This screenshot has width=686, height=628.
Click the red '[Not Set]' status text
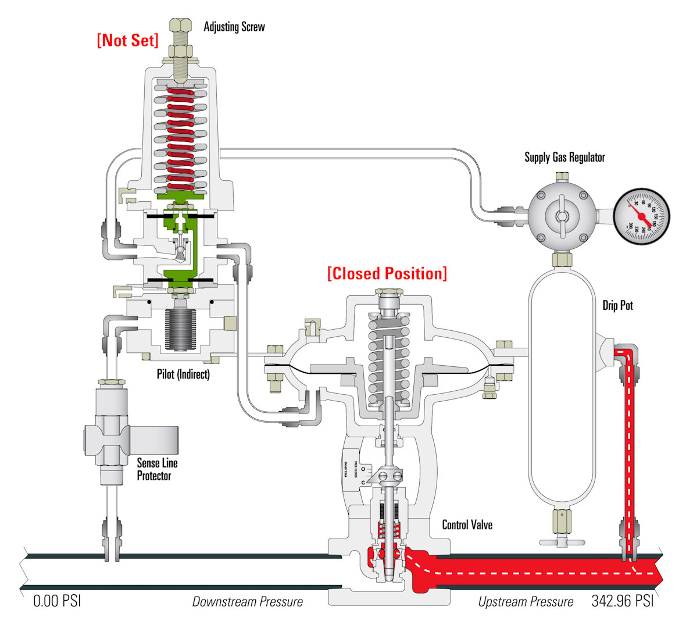click(127, 40)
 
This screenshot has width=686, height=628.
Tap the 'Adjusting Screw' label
click(234, 27)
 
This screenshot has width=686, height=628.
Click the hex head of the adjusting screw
click(180, 26)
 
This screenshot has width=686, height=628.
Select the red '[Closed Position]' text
click(387, 273)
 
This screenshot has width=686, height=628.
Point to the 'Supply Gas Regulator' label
click(564, 157)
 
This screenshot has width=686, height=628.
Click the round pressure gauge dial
click(641, 216)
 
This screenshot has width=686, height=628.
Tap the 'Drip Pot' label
click(617, 305)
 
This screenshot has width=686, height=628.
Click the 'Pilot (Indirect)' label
click(183, 374)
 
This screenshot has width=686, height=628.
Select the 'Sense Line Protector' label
click(157, 469)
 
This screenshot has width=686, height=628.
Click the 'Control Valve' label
click(467, 524)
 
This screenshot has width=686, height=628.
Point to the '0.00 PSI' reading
click(57, 601)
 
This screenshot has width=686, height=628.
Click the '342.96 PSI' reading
click(622, 601)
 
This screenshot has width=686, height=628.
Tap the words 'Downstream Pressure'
click(248, 601)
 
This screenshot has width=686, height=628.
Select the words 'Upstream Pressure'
click(526, 601)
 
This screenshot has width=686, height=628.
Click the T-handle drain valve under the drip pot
click(562, 541)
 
